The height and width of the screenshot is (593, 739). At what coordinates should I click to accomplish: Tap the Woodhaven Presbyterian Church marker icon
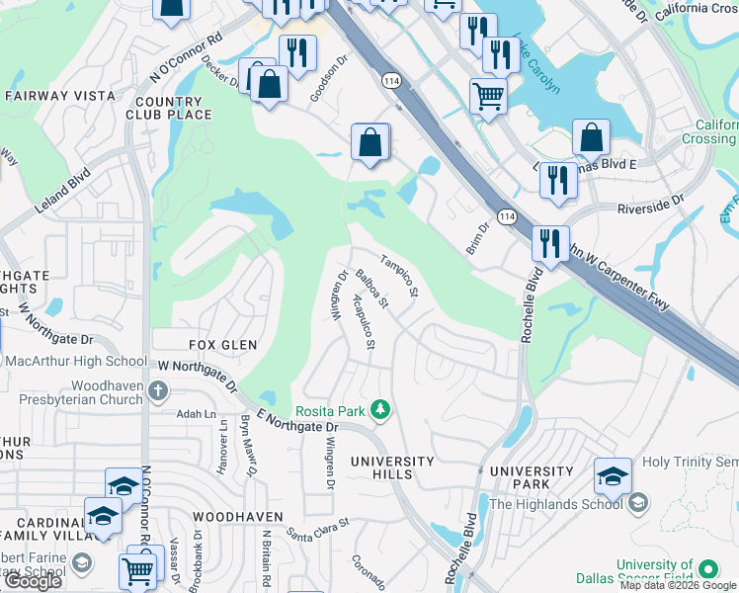[x=157, y=392]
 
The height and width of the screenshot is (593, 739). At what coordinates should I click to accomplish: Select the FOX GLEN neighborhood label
[x=223, y=345]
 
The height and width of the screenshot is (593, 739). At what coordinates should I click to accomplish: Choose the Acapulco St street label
[x=363, y=322]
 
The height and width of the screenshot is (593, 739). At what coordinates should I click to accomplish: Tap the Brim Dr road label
[x=478, y=237]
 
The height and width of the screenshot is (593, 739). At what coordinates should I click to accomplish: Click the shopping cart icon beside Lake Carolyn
[x=487, y=96]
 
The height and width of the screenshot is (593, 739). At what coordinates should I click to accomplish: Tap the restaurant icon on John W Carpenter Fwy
[x=549, y=243]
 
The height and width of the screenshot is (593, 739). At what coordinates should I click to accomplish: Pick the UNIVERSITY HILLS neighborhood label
[x=393, y=467]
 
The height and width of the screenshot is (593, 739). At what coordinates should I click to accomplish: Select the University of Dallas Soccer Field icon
[x=708, y=569]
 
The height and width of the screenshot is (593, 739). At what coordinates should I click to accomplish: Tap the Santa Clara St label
[x=318, y=530]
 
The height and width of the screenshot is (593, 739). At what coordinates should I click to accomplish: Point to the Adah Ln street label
[x=196, y=414]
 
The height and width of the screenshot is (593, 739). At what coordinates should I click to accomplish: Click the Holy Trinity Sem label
[x=690, y=462]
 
